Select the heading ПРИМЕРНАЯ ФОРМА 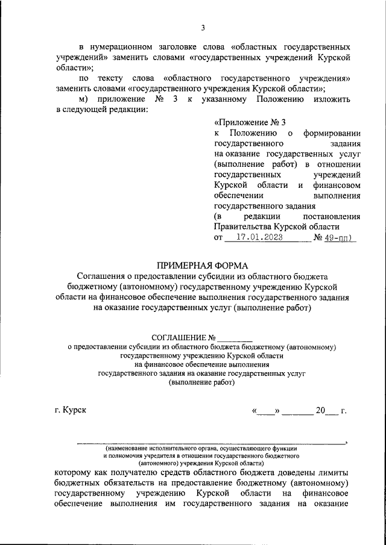pos(202,265)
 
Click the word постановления pos(332,216)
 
